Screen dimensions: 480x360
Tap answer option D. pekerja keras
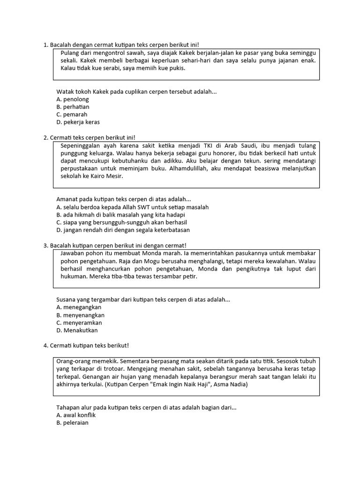[78, 122]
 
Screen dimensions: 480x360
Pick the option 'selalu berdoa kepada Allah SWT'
[132, 207]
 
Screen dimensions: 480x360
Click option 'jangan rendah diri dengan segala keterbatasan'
[123, 230]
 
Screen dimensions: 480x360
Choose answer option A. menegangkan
[79, 307]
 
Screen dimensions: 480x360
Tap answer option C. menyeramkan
[79, 322]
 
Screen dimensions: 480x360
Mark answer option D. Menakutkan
[77, 330]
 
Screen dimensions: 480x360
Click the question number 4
[45, 345]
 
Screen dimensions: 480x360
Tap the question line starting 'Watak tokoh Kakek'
[136, 91]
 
